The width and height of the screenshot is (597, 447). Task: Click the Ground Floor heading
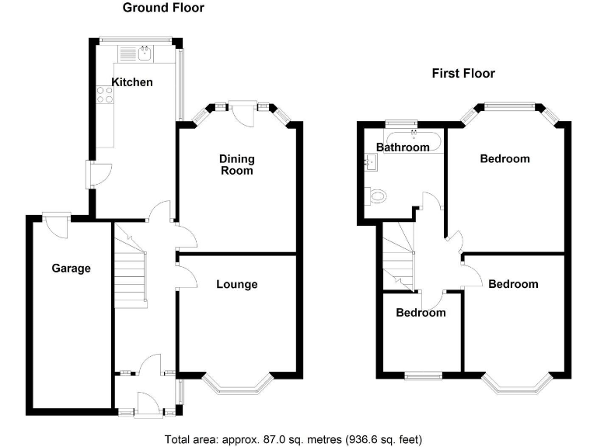(163, 8)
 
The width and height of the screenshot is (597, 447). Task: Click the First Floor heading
(463, 74)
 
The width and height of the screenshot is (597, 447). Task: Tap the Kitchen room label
(132, 82)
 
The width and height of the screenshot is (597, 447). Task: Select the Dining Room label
(236, 165)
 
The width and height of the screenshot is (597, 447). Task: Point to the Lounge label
(236, 285)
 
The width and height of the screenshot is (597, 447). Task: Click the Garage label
(72, 269)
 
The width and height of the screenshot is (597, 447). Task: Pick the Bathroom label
(403, 147)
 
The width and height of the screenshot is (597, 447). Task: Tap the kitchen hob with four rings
(104, 95)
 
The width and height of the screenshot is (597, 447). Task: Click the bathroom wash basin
(369, 161)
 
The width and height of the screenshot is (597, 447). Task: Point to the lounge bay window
(236, 382)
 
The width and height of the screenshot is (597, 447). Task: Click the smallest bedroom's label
(421, 313)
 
